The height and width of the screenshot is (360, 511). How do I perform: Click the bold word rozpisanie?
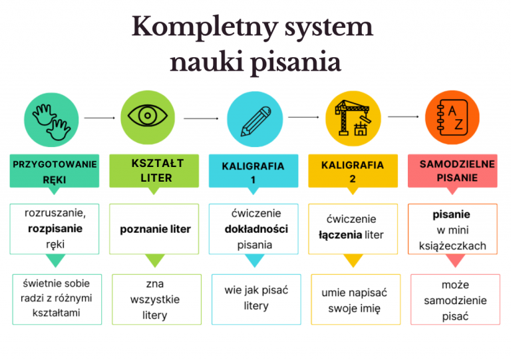[55, 229]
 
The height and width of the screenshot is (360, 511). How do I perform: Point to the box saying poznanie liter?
[155, 229]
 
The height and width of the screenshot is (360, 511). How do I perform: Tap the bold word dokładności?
[255, 229]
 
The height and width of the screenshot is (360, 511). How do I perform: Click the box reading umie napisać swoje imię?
[354, 300]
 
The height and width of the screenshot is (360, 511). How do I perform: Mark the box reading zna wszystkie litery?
[155, 299]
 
